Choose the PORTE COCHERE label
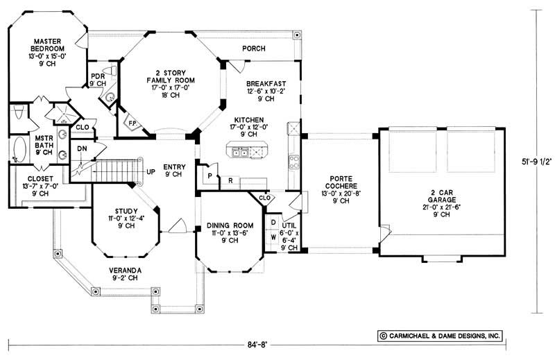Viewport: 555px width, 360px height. (339, 183)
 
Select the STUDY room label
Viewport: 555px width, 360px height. (126, 212)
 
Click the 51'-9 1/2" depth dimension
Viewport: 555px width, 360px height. (538, 164)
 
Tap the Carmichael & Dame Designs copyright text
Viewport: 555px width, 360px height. (438, 335)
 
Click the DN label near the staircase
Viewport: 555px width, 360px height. (81, 148)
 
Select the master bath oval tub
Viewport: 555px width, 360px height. (20, 149)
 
